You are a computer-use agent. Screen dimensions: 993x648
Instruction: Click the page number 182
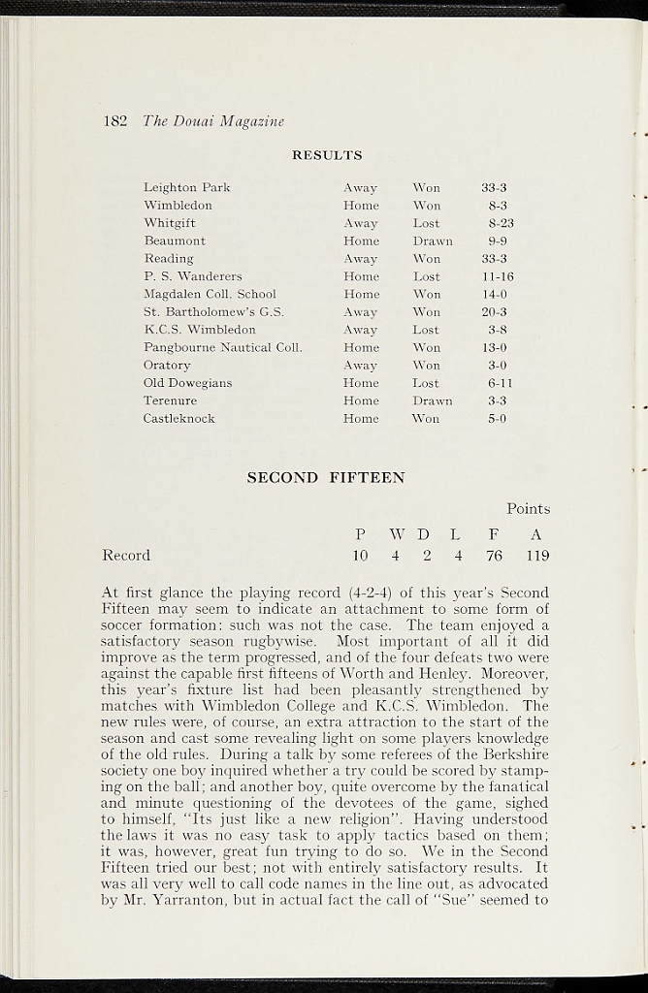click(x=115, y=121)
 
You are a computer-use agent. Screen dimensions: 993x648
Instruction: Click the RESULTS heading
click(x=327, y=155)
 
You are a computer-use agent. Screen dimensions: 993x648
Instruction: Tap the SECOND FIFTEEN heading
click(x=326, y=477)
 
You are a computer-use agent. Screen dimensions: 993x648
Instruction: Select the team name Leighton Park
click(x=186, y=188)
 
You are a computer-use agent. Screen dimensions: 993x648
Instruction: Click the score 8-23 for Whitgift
click(x=501, y=223)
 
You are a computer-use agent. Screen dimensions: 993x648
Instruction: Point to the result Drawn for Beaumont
click(x=433, y=240)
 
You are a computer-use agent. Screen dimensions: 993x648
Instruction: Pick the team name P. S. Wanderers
click(x=193, y=276)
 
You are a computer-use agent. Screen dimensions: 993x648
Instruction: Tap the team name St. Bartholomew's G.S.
click(x=213, y=312)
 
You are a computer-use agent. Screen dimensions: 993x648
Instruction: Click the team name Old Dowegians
click(x=188, y=383)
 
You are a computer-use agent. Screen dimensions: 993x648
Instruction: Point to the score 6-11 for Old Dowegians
click(x=500, y=383)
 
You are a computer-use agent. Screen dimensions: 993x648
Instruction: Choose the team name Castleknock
click(x=179, y=419)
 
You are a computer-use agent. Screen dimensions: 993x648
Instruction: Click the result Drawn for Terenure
click(x=433, y=400)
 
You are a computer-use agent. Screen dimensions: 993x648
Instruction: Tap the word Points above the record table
click(x=528, y=509)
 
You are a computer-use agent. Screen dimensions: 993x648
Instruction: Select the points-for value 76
click(x=494, y=556)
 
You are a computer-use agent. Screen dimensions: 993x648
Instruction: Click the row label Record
click(x=126, y=556)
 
